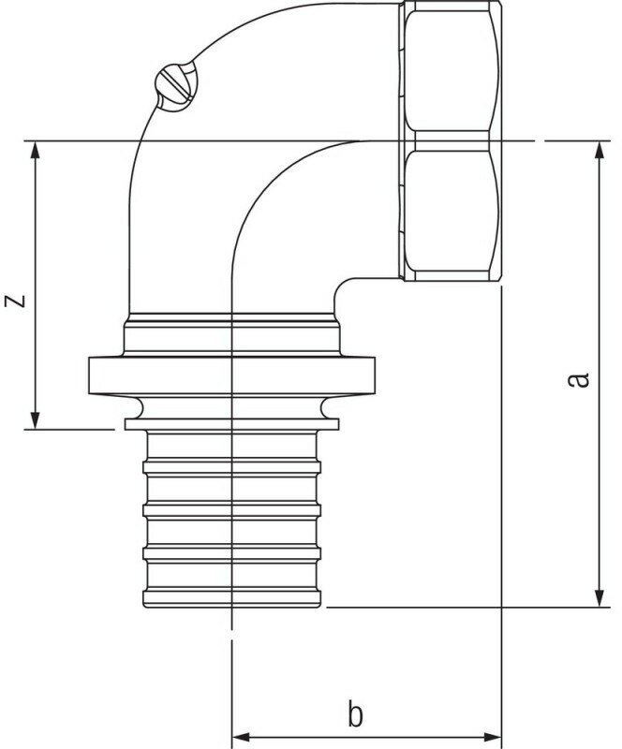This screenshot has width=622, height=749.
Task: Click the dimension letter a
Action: coord(581,379)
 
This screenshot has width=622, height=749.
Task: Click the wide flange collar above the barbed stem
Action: coord(230,374)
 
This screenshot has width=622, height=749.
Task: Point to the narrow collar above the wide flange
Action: coord(230,333)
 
